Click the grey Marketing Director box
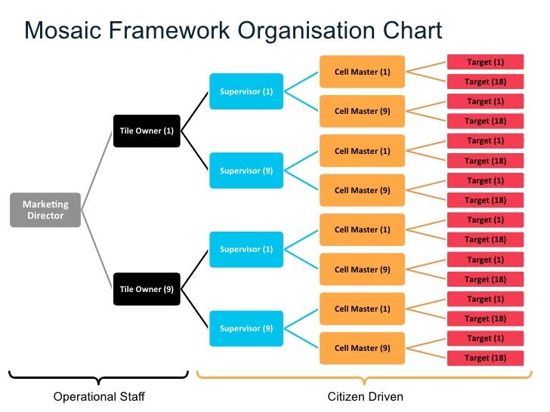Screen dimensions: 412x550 point(45,210)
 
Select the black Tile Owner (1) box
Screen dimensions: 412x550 point(147,131)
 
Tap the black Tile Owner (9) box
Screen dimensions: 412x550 point(147,289)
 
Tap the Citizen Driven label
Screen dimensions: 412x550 point(365,397)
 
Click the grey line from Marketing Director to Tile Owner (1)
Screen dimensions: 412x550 point(97,171)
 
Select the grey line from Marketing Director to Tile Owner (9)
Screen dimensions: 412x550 point(97,250)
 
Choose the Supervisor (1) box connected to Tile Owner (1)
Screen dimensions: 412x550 point(246,91)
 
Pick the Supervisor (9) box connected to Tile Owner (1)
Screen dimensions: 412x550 point(246,171)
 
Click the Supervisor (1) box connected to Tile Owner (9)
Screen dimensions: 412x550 point(246,250)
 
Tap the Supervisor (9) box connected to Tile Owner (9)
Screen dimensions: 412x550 point(246,328)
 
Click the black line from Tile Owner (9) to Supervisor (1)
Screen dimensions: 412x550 point(195,269)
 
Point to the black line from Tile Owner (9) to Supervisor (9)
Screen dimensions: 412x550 point(195,309)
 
